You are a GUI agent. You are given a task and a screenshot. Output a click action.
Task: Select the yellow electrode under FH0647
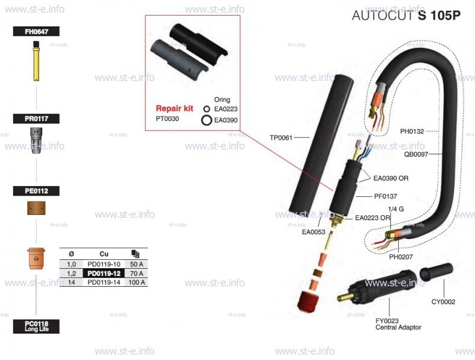(36, 61)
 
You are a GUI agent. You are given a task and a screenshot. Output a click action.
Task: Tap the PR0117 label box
(36, 119)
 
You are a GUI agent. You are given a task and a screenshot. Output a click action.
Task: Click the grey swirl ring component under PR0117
(36, 143)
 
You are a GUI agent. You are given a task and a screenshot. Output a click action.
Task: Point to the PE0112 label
(36, 191)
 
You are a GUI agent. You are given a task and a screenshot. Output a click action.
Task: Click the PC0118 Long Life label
(36, 326)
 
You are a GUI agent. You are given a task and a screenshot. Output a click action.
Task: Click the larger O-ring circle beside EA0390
(206, 120)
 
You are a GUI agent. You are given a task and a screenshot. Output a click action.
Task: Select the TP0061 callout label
(281, 137)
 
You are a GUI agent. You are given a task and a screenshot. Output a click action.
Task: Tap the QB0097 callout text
(416, 154)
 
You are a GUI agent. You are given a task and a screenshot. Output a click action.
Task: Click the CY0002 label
(443, 302)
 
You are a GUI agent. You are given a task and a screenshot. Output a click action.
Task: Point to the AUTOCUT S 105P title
(406, 16)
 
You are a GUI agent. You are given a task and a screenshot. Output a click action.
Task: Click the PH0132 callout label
(412, 131)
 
